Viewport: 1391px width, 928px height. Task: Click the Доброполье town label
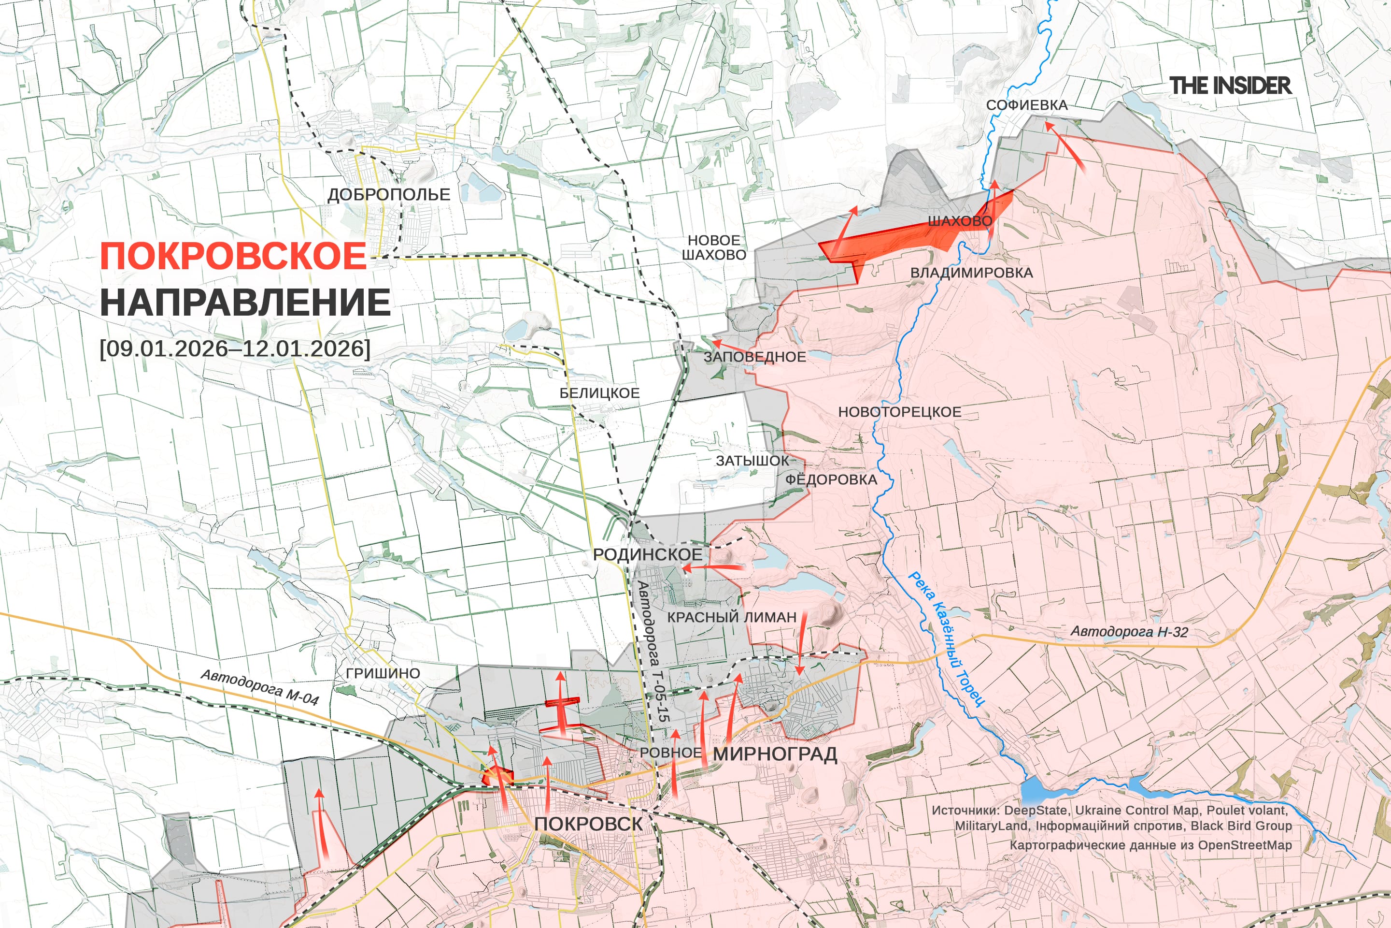(388, 194)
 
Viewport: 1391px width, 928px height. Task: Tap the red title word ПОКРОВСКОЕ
(234, 256)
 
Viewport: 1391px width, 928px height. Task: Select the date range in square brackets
(235, 348)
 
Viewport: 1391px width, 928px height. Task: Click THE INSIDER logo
(1230, 86)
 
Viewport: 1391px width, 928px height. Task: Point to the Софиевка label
(1027, 105)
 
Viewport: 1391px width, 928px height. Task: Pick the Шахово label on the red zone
(960, 221)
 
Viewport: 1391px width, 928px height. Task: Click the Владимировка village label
(971, 273)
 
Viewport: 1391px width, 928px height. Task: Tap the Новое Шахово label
(714, 247)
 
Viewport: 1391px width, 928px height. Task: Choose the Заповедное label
(754, 357)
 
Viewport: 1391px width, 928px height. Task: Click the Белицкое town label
(599, 393)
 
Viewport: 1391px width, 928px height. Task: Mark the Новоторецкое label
(899, 412)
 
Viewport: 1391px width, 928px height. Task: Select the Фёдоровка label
(831, 479)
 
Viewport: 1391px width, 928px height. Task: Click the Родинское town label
(648, 554)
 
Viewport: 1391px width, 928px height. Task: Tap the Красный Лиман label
(732, 617)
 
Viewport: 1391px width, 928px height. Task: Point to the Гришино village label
(383, 673)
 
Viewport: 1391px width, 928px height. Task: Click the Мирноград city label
(775, 754)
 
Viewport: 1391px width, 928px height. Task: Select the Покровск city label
(588, 824)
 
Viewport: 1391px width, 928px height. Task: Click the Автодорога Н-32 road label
(1129, 632)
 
